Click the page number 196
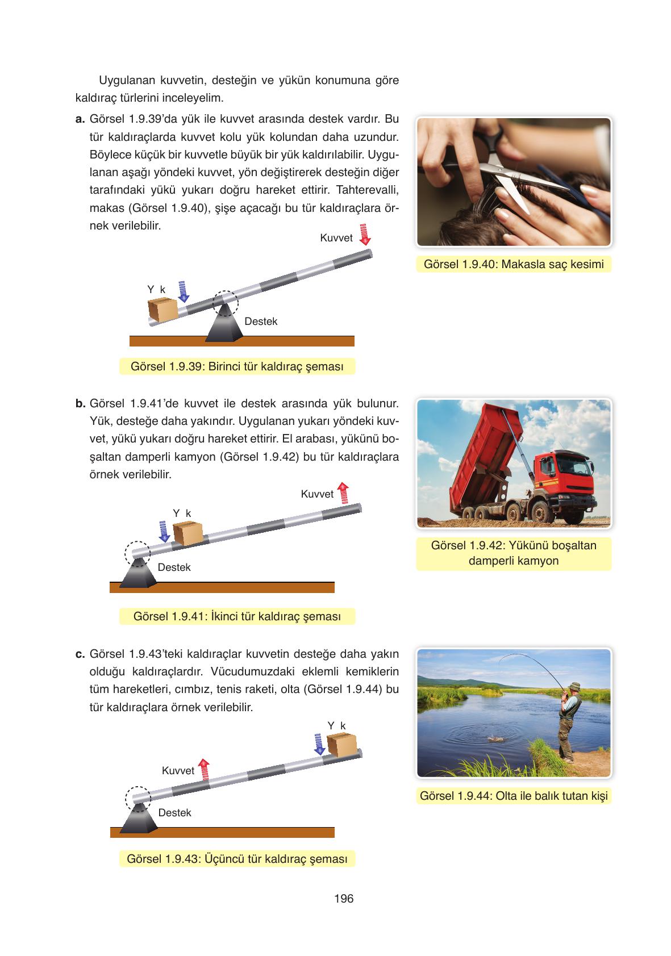click(x=344, y=899)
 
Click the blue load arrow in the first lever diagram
click(x=183, y=291)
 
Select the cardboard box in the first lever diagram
click(x=162, y=310)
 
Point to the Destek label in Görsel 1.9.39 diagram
click(x=261, y=322)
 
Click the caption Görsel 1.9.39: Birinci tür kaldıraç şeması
click(x=237, y=366)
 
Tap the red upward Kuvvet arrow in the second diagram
click(x=343, y=493)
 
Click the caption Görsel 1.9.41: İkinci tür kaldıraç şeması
click(x=237, y=616)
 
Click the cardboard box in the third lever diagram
click(x=341, y=745)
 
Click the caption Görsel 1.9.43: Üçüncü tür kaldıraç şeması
click(x=237, y=859)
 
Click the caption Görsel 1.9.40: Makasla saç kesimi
click(x=514, y=264)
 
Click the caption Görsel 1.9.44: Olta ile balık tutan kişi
click(x=514, y=796)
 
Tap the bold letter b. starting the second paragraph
click(x=80, y=404)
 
